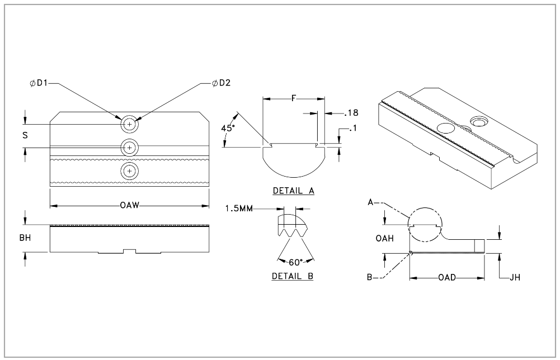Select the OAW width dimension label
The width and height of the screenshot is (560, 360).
pos(129,206)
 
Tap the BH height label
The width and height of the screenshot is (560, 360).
pos(25,238)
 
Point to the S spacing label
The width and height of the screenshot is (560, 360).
pos(25,135)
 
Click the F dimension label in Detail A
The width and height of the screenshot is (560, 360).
pos(294,99)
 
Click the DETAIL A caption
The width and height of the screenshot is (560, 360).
pos(293,191)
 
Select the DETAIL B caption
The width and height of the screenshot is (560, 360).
pos(293,276)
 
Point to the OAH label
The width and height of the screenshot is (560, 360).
pos(384,238)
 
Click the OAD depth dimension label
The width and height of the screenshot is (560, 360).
pos(447,277)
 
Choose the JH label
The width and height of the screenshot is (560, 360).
pos(515,277)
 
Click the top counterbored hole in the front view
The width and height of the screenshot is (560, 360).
pos(130,124)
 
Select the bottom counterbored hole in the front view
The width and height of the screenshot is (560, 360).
pos(130,170)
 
